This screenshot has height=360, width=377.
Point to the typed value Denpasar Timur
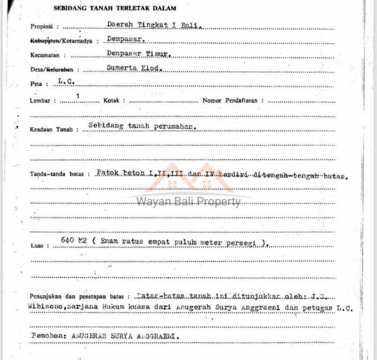point(139,53)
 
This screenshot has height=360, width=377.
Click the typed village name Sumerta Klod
point(134,68)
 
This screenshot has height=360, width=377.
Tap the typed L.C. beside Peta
point(66,82)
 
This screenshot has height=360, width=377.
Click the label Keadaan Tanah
point(52,130)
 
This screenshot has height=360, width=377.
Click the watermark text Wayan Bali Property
point(188,202)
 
